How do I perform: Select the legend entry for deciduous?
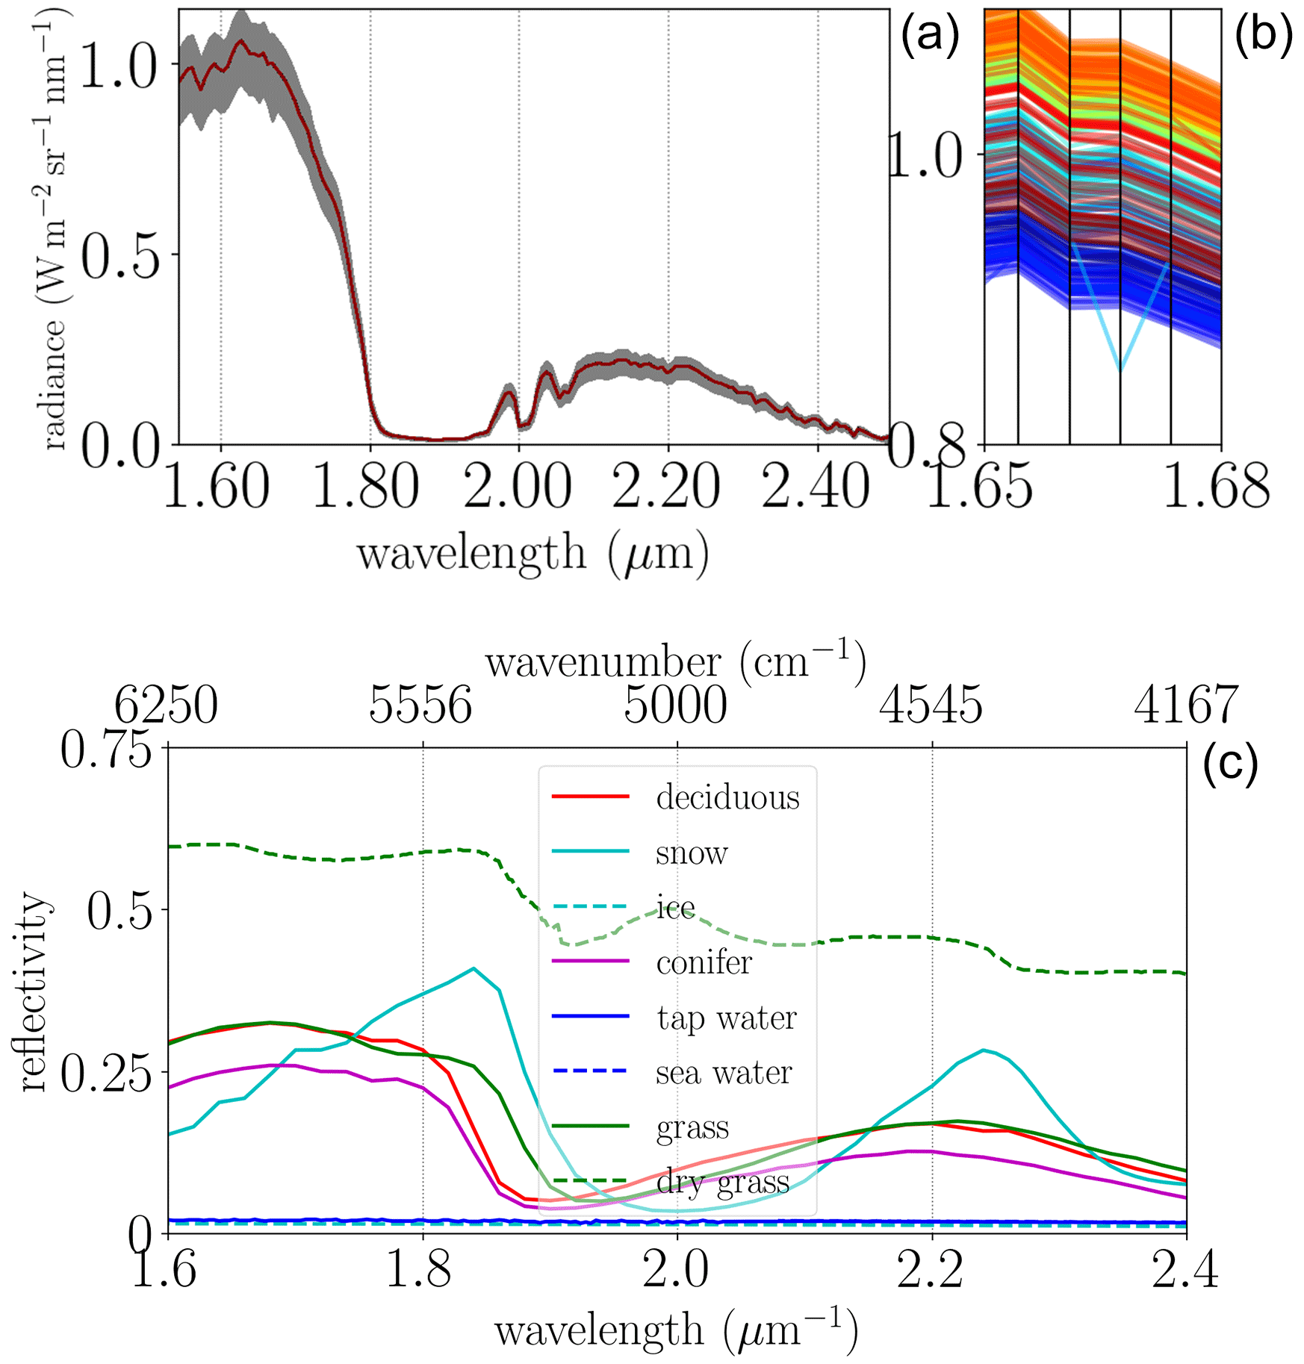pyautogui.click(x=727, y=798)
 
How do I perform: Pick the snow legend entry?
pyautogui.click(x=691, y=853)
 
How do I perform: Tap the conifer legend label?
pyautogui.click(x=704, y=963)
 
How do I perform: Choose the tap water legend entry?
pyautogui.click(x=726, y=1018)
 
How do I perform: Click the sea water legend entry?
pyautogui.click(x=723, y=1074)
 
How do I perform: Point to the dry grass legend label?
pyautogui.click(x=722, y=1183)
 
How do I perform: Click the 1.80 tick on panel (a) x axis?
pyautogui.click(x=366, y=487)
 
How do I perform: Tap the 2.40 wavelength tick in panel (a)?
pyautogui.click(x=816, y=487)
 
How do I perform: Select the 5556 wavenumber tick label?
pyautogui.click(x=421, y=705)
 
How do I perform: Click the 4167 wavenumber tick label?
pyautogui.click(x=1186, y=705)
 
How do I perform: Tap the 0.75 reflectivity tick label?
pyautogui.click(x=106, y=750)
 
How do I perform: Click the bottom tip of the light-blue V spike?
pyautogui.click(x=1120, y=370)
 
